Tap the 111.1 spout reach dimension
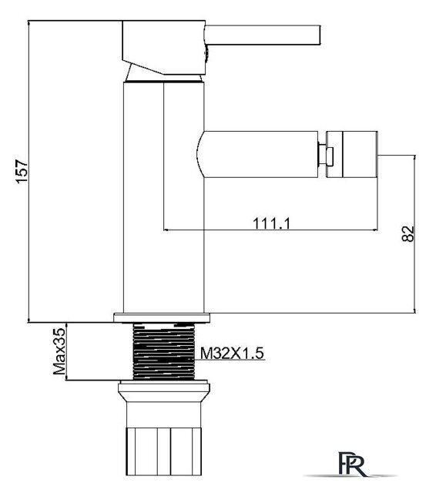pos(270,223)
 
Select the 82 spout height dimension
pos(407,233)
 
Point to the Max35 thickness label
pos(59,350)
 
